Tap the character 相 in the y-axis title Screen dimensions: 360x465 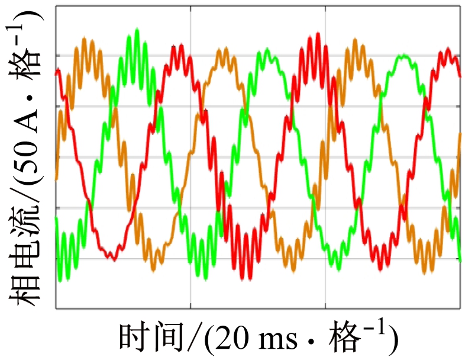[25, 288]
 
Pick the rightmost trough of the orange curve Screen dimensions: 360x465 [425, 272]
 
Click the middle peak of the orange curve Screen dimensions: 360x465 [220, 50]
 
